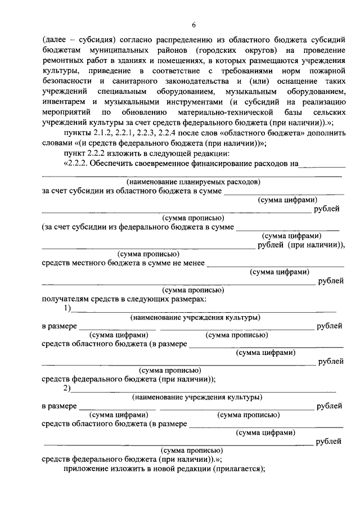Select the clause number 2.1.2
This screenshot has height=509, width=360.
[100, 132]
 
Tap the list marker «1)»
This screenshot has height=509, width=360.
[67, 308]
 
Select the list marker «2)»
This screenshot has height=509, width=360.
[67, 389]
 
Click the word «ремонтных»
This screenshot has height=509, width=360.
[61, 61]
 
